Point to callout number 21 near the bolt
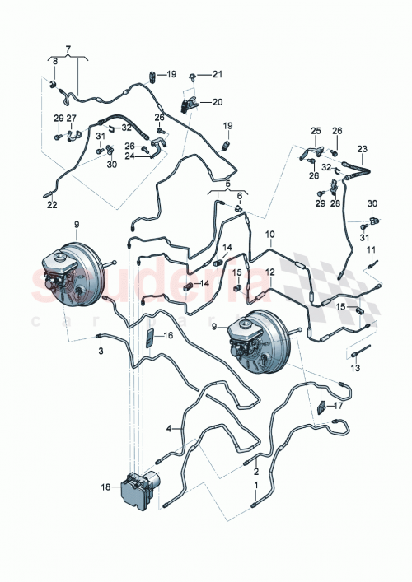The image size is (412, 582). pos(218,75)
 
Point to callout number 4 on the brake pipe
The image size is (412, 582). pos(169,428)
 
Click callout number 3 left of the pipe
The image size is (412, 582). pos(101,352)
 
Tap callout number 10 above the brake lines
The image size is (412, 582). pos(269,235)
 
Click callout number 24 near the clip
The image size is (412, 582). pos(131,156)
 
